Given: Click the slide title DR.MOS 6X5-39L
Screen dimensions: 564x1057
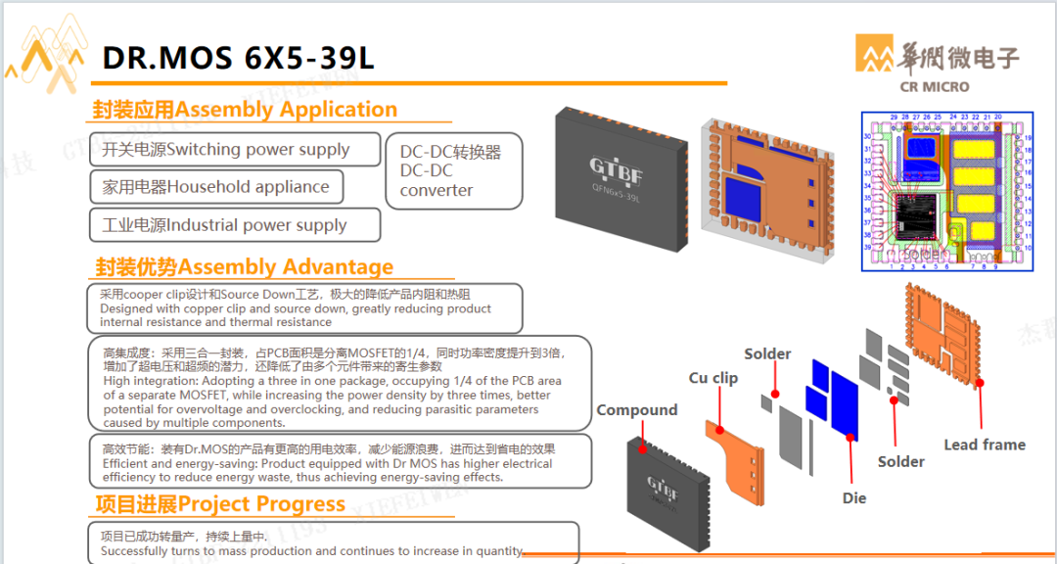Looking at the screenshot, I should (238, 58).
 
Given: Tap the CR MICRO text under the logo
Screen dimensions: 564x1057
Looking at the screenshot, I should (934, 86).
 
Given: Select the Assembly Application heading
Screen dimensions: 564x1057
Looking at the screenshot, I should (245, 110).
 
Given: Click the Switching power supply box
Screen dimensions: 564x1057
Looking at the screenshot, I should (234, 150).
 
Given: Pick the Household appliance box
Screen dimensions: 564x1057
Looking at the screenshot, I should (216, 187).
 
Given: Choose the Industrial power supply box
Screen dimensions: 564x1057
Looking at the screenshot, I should (234, 225).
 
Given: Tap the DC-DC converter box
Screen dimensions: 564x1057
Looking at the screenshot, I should (454, 170).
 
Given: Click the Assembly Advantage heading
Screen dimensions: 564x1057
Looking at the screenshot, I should (244, 266).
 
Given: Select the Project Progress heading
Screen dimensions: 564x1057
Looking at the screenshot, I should (219, 504).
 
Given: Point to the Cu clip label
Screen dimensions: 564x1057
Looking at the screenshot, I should (712, 378).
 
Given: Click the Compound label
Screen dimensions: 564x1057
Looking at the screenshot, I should (637, 410).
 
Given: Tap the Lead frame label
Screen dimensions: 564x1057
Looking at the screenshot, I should (984, 445).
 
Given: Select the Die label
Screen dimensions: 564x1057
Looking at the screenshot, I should (853, 498).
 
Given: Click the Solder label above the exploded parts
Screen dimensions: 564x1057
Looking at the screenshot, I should (767, 353).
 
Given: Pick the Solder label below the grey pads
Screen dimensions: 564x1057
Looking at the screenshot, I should (900, 461).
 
